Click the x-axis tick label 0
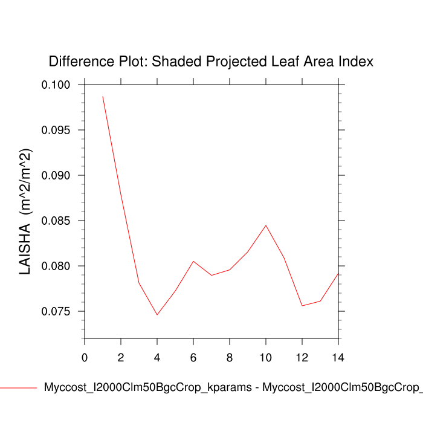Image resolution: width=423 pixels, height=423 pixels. pyautogui.click(x=85, y=358)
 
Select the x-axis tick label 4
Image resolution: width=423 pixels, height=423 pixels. pyautogui.click(x=157, y=358)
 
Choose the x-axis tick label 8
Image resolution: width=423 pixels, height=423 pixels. pyautogui.click(x=230, y=358)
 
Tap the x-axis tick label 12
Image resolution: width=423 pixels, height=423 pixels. pyautogui.click(x=302, y=358)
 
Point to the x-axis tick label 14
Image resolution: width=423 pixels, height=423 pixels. pyautogui.click(x=338, y=358)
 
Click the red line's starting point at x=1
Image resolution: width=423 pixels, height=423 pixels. pyautogui.click(x=103, y=97)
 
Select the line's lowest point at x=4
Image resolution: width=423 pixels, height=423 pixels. pyautogui.click(x=157, y=314)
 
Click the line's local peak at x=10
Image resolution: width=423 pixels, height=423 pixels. pyautogui.click(x=266, y=225)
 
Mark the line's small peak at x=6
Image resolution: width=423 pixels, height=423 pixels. pyautogui.click(x=193, y=261)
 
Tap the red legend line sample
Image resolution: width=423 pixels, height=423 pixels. pyautogui.click(x=18, y=387)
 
